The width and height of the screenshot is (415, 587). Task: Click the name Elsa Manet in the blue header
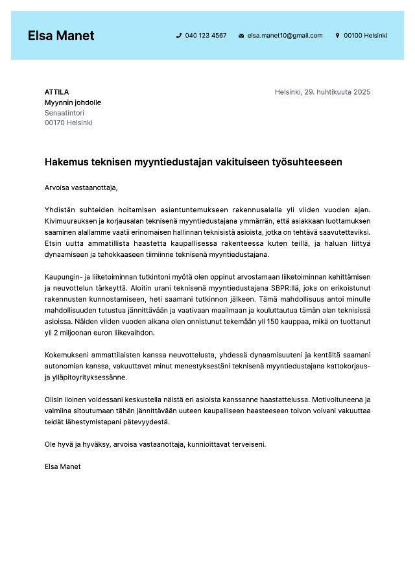(x=61, y=36)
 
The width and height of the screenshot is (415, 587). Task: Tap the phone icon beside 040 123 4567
(x=178, y=36)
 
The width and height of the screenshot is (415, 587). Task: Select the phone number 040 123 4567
(x=206, y=36)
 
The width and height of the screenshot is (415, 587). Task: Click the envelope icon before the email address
(x=241, y=36)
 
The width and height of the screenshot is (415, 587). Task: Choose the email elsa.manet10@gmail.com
(x=285, y=36)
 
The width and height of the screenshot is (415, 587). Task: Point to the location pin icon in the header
(x=337, y=36)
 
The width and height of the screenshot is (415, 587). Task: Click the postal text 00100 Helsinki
(x=365, y=36)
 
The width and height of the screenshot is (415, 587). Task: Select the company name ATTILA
(x=56, y=92)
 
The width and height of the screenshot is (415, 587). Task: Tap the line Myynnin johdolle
(x=73, y=102)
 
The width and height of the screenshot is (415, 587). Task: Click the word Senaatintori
(x=64, y=113)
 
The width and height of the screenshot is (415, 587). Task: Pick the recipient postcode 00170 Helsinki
(x=68, y=123)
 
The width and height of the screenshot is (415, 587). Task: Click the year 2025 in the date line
(x=362, y=92)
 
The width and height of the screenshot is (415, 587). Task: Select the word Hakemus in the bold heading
(x=65, y=162)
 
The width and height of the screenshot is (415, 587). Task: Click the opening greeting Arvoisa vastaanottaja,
(x=81, y=188)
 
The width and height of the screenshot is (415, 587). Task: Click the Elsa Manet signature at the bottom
(x=62, y=466)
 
